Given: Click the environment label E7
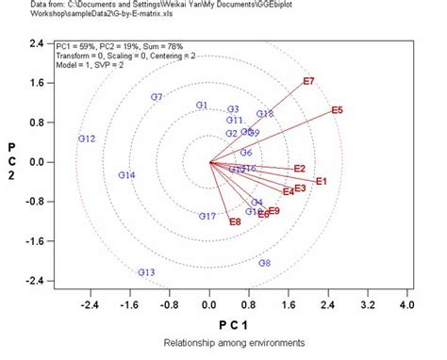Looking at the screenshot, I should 308,82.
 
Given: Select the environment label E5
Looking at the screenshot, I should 338,111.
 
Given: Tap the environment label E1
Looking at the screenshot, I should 321,181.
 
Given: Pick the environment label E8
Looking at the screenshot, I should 235,221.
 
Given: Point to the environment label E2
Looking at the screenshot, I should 300,169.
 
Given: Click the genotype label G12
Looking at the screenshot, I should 87,139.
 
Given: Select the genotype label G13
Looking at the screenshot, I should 146,272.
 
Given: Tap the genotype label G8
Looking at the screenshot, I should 265,263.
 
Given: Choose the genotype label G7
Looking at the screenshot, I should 157,97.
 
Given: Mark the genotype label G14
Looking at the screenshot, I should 126,175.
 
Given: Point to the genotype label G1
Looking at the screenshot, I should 201,106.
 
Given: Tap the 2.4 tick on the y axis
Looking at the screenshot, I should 37,43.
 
